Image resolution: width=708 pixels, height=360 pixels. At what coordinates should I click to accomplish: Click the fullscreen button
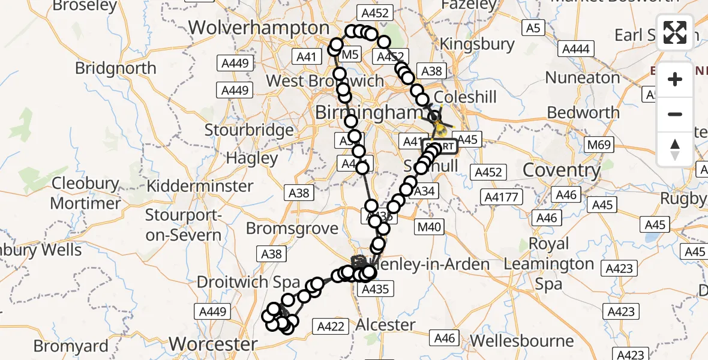pyautogui.click(x=675, y=32)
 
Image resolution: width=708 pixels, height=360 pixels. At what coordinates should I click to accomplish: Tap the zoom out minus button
pyautogui.click(x=675, y=114)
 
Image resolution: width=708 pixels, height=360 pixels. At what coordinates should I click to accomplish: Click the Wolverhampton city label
pyautogui.click(x=259, y=28)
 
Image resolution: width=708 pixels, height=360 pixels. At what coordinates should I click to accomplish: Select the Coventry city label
pyautogui.click(x=562, y=170)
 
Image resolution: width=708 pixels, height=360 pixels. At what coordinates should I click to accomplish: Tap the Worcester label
pyautogui.click(x=213, y=344)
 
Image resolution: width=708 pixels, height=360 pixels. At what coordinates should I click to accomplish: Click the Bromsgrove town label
pyautogui.click(x=292, y=229)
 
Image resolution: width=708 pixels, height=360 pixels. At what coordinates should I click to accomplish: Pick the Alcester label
pyautogui.click(x=385, y=325)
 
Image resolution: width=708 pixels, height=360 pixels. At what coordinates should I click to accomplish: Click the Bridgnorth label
pyautogui.click(x=116, y=68)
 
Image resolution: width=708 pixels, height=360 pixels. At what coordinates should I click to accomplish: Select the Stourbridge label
pyautogui.click(x=249, y=130)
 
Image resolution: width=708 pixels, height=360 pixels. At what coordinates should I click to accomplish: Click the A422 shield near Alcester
pyautogui.click(x=330, y=326)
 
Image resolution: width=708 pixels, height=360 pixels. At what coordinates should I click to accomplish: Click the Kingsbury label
pyautogui.click(x=477, y=44)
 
